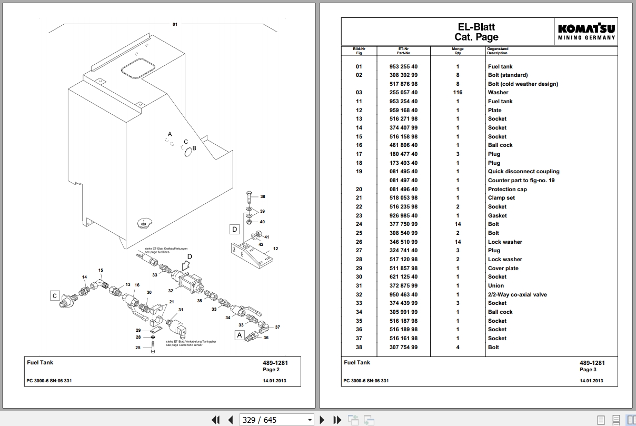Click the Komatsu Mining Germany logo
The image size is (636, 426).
pyautogui.click(x=586, y=32)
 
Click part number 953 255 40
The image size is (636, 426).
pyautogui.click(x=403, y=66)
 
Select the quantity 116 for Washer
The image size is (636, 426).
pyautogui.click(x=458, y=92)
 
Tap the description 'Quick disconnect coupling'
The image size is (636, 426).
pyautogui.click(x=523, y=171)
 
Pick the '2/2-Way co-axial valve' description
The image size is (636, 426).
pyautogui.click(x=518, y=294)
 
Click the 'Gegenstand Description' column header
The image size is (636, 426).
pyautogui.click(x=498, y=51)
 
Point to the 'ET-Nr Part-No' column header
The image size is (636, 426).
pyautogui.click(x=403, y=51)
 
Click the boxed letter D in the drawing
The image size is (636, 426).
pyautogui.click(x=234, y=229)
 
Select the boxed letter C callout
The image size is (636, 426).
pyautogui.click(x=55, y=295)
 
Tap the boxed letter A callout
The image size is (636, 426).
pyautogui.click(x=240, y=335)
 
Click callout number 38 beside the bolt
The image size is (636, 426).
pyautogui.click(x=263, y=196)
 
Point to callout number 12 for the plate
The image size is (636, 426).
pyautogui.click(x=276, y=249)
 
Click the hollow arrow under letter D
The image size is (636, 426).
pyautogui.click(x=186, y=266)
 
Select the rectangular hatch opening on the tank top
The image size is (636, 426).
pyautogui.click(x=138, y=68)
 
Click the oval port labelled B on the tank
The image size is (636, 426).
pyautogui.click(x=188, y=152)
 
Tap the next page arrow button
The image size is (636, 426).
pyautogui.click(x=322, y=420)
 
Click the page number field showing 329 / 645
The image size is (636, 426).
pyautogui.click(x=276, y=420)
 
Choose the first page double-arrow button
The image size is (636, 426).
pyautogui.click(x=215, y=420)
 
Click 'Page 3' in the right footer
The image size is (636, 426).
pyautogui.click(x=588, y=370)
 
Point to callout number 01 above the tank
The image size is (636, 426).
pyautogui.click(x=175, y=24)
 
